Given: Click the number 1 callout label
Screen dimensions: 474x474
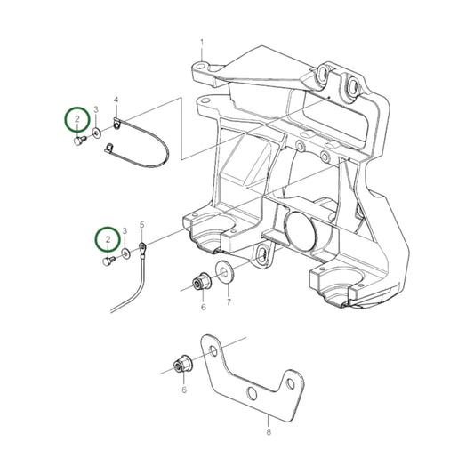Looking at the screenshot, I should [202, 43].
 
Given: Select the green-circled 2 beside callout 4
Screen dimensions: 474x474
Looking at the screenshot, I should [77, 118].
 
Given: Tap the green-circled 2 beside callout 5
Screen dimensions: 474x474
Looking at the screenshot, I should [108, 238].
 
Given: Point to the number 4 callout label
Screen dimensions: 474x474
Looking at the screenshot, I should [116, 100].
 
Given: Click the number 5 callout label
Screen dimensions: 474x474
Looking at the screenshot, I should [141, 226].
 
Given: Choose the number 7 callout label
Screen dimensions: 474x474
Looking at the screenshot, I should [229, 302].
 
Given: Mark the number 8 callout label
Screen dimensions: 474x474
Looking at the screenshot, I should [269, 435].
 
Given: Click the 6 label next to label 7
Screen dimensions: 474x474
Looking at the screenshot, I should [203, 307].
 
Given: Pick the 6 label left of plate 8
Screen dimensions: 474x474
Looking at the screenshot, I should [184, 390].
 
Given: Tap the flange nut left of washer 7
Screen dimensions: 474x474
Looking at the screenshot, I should [200, 284].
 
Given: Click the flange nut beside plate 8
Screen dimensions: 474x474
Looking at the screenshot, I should [181, 365].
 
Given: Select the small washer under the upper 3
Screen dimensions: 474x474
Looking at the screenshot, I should [95, 134].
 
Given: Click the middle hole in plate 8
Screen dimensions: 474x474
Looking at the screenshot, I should [253, 391].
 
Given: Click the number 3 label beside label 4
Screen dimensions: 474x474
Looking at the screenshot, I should [96, 109].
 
